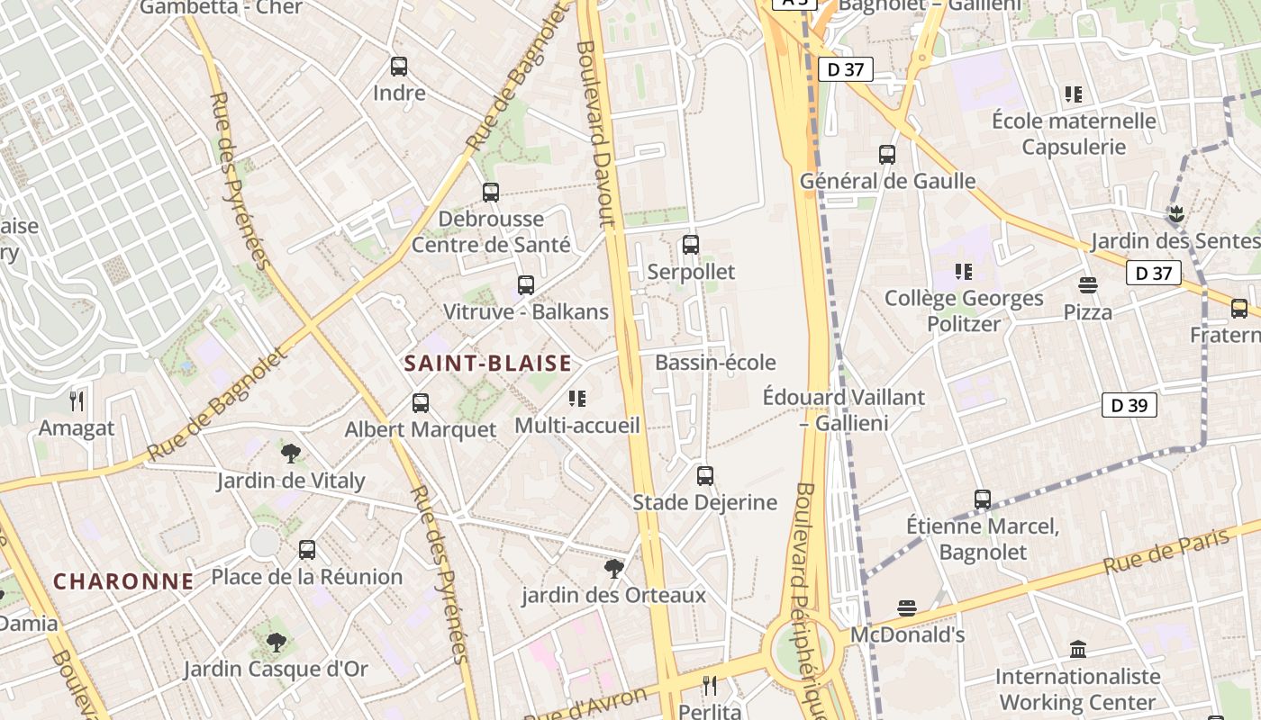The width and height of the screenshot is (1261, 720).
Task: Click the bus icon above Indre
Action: (399, 67)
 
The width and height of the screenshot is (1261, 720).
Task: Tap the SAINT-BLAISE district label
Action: (487, 364)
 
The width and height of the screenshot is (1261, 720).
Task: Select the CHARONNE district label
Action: (123, 581)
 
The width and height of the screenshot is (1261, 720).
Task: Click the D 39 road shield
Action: (1129, 406)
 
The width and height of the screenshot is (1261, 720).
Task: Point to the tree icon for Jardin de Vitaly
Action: (290, 453)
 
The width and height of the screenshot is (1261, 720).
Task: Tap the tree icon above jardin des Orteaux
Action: (614, 568)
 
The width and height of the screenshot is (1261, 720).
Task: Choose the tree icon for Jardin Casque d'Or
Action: (277, 643)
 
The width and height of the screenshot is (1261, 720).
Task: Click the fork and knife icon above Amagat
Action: (77, 400)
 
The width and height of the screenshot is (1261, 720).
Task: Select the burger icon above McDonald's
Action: (907, 608)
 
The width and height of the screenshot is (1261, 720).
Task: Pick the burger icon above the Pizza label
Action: (1088, 285)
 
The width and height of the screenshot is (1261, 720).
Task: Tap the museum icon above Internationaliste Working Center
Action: (1077, 649)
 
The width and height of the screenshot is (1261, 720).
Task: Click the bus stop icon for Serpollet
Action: (691, 245)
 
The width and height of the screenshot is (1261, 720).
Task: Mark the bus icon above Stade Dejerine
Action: (705, 475)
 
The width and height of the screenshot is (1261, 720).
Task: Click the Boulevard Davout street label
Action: (596, 135)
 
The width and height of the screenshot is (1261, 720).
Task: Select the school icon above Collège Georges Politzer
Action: (964, 271)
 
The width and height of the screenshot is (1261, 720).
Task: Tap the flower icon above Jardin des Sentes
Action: (1175, 214)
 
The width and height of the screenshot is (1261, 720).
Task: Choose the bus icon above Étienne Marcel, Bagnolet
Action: (983, 499)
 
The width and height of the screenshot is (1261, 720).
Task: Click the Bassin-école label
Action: (715, 363)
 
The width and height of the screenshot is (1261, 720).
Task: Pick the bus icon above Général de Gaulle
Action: (887, 155)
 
